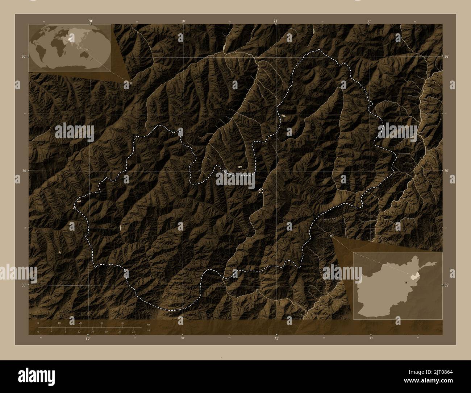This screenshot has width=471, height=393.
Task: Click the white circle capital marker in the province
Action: click(261, 191)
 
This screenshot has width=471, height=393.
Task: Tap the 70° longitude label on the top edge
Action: click(90, 21)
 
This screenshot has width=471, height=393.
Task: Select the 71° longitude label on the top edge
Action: click(276, 21)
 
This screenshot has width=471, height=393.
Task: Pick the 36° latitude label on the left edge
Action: click(24, 57)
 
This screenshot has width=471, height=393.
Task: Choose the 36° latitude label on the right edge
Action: click(447, 57)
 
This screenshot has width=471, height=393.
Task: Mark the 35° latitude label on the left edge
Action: click(24, 285)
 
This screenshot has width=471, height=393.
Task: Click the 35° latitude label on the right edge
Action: click(447, 285)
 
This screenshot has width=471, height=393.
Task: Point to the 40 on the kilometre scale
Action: click(123, 323)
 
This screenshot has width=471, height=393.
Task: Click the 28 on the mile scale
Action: click(133, 332)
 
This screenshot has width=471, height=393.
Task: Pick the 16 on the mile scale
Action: click(92, 332)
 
